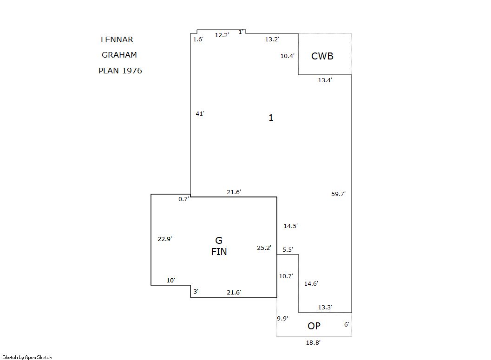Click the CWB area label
[x=322, y=56]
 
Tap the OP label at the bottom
[x=314, y=326]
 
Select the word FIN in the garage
[x=219, y=252]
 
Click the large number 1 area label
[x=271, y=118]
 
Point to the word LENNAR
[x=117, y=39]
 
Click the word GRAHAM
[x=119, y=55]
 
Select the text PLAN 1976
[x=120, y=71]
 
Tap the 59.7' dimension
[x=338, y=194]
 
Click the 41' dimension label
[x=200, y=113]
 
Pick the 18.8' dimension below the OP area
[x=313, y=342]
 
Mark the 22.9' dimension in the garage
[x=165, y=239]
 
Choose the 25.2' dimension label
[x=264, y=248]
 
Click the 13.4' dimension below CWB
[x=325, y=80]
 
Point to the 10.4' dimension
[x=287, y=56]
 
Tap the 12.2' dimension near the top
[x=222, y=35]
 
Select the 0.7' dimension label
[x=183, y=199]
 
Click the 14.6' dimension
[x=311, y=284]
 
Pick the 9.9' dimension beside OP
[x=282, y=318]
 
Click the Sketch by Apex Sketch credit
[x=27, y=357]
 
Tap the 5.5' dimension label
[x=288, y=249]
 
